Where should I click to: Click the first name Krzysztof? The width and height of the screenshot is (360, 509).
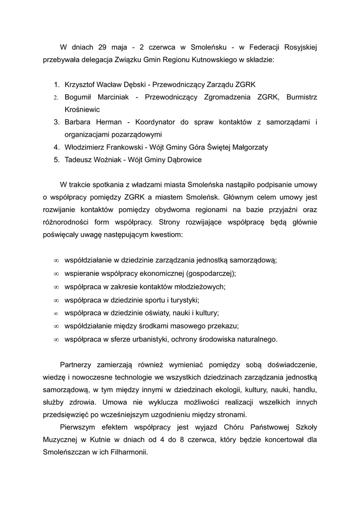coord(82,85)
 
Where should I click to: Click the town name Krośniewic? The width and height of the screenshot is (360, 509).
coord(82,109)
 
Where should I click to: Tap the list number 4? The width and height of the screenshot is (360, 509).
coord(57,147)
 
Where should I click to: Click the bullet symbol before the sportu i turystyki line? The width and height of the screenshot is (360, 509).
coord(56,300)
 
